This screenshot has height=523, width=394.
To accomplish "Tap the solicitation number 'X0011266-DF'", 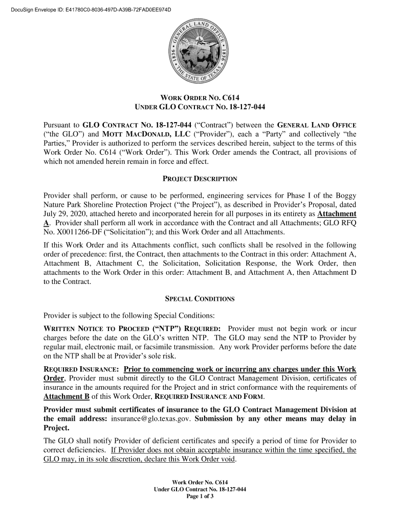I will pyautogui.click(x=78, y=232).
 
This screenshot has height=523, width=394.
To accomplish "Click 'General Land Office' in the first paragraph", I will pyautogui.click(x=317, y=125).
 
